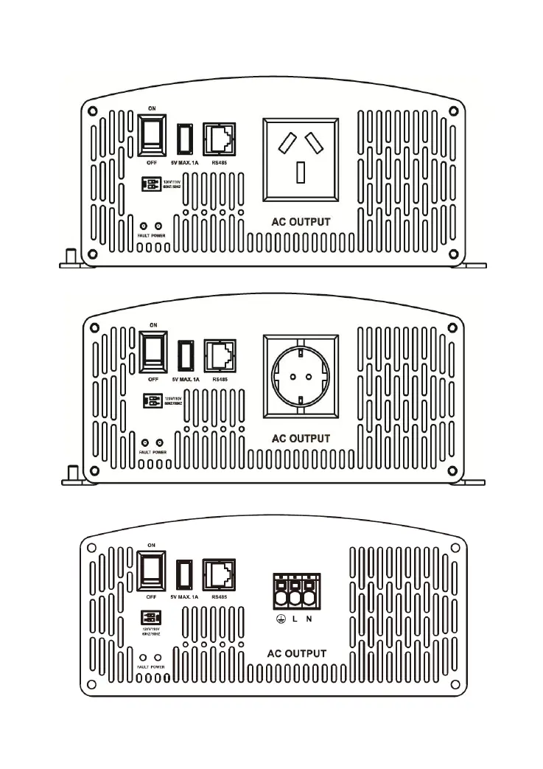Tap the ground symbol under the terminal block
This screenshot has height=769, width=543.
(x=280, y=619)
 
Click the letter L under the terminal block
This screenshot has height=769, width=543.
(x=295, y=619)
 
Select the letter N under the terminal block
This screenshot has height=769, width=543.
(x=309, y=619)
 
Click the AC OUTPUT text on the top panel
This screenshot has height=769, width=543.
(x=300, y=222)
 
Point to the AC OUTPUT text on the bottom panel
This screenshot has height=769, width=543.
(x=296, y=653)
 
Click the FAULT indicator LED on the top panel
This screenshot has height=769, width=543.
(x=144, y=226)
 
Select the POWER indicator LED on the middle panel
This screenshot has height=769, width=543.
(x=158, y=442)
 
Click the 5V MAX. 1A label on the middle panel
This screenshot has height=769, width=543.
(x=185, y=380)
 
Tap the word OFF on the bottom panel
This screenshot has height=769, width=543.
(x=152, y=596)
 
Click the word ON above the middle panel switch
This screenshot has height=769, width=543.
(x=153, y=324)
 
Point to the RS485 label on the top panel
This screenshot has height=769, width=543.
(x=218, y=164)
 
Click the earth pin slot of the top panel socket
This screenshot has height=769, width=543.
(x=301, y=172)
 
